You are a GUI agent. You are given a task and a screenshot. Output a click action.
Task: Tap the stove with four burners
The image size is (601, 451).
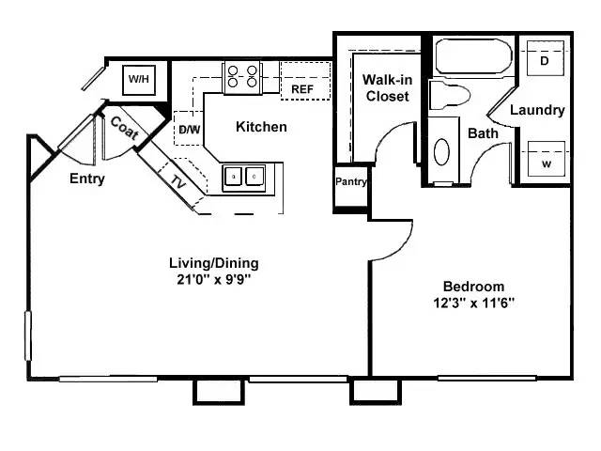tap(243, 78)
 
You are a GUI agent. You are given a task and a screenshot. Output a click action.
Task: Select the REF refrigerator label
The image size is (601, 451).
tap(302, 89)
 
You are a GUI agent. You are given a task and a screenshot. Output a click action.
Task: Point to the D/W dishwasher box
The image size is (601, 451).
tap(188, 128)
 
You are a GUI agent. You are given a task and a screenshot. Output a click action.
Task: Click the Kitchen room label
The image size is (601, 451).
tap(261, 127)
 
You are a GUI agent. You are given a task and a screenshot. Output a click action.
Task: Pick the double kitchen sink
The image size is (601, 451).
tap(244, 176)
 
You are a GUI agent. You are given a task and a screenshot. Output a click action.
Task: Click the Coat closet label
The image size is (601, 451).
tap(125, 128)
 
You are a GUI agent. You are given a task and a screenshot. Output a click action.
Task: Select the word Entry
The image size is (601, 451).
tap(87, 179)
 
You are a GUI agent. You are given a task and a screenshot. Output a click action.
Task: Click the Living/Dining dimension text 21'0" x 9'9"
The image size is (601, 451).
tap(213, 279)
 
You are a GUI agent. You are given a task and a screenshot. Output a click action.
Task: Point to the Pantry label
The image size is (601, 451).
tap(350, 182)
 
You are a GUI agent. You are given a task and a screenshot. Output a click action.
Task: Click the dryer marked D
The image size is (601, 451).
tap(545, 61)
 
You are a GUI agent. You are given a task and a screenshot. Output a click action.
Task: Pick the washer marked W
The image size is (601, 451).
tap(545, 161)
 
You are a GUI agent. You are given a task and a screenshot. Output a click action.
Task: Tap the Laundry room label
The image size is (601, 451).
tap(537, 110)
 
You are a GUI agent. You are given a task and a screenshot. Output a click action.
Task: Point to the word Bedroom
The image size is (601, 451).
tap(473, 287)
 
